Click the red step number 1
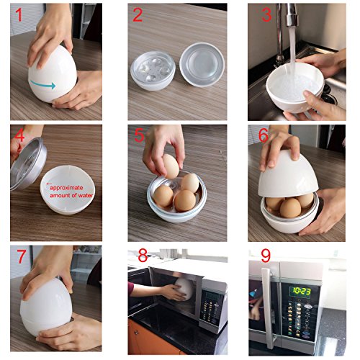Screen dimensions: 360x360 click(19, 14)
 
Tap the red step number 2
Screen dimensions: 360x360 click(138, 14)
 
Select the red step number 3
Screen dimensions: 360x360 click(266, 14)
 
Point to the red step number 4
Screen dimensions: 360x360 click(19, 134)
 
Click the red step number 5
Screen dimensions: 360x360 click(140, 135)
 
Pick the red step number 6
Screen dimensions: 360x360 click(264, 135)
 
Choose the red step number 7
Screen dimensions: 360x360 click(21, 256)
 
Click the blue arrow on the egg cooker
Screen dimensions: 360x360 click(43, 84)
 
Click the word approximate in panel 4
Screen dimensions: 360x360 click(66, 188)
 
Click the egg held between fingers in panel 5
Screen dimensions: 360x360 click(171, 166)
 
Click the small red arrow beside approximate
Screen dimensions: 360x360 click(50, 184)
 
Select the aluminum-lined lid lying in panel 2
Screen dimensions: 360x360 click(202, 64)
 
